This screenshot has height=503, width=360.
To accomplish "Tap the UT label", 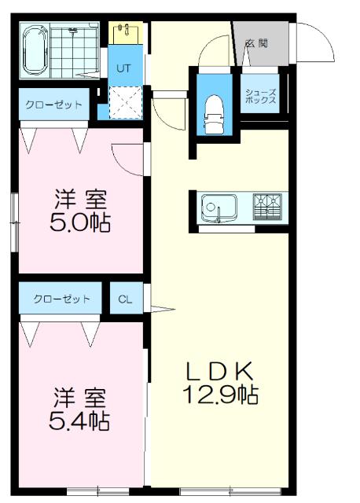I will pyautogui.click(x=123, y=68).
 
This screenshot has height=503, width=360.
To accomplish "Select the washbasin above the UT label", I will pyautogui.click(x=125, y=33).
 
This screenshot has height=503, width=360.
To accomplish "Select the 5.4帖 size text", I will pyautogui.click(x=79, y=420).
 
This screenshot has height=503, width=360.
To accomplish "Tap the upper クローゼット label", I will pyautogui.click(x=53, y=105).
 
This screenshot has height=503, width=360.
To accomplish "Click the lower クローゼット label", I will pyautogui.click(x=61, y=299).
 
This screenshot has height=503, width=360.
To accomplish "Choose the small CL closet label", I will pyautogui.click(x=126, y=299).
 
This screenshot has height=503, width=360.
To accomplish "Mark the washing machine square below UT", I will pyautogui.click(x=124, y=102).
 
